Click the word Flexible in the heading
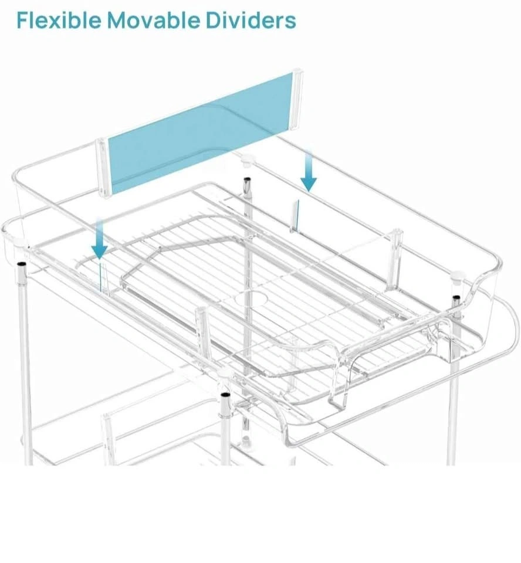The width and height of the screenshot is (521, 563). point(59,20)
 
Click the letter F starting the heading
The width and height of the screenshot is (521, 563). point(22,20)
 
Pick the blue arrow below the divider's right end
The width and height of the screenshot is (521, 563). point(309,171)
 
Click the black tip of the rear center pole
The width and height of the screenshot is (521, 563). point(246,180)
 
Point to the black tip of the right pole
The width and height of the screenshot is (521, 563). point(456,299)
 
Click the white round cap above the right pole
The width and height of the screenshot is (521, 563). point(458,277)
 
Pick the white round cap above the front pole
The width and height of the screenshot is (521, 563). point(225,373)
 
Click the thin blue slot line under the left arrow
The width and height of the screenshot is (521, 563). point(102,277)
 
